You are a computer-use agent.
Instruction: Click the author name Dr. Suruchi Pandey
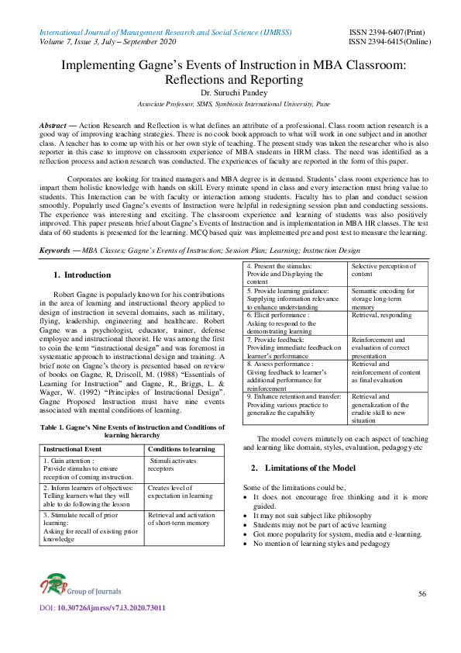point(230,92)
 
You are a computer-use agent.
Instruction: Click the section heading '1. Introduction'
point(81,275)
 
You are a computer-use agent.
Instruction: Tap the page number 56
point(421,593)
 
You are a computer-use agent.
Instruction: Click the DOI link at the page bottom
point(102,629)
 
